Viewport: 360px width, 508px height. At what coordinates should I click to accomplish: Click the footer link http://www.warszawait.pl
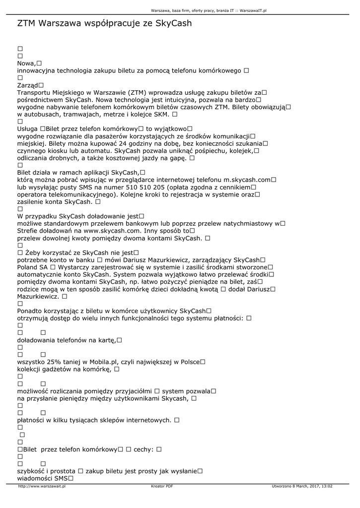tap(42, 486)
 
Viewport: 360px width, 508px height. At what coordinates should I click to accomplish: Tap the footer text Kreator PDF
tap(162, 486)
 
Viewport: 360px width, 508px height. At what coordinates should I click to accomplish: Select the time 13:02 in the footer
tap(326, 486)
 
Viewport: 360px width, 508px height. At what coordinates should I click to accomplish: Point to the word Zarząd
tap(27, 85)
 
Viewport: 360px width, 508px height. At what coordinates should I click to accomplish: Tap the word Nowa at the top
tap(26, 63)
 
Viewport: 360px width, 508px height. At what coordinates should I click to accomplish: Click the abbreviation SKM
tap(160, 114)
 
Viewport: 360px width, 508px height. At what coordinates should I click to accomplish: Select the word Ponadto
tap(32, 311)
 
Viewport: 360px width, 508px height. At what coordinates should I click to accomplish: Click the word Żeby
tap(33, 253)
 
